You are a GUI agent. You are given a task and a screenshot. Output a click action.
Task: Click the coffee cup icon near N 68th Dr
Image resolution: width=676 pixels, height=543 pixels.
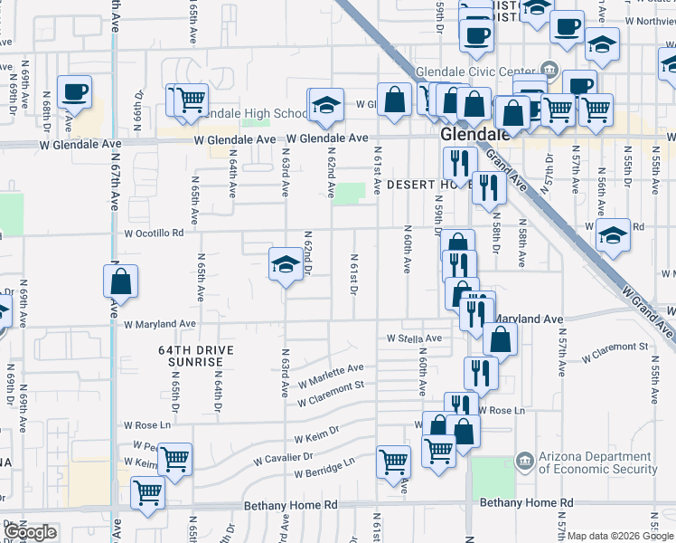click(74, 92)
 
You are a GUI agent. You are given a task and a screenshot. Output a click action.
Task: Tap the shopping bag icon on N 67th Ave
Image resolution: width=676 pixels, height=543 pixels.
click(120, 283)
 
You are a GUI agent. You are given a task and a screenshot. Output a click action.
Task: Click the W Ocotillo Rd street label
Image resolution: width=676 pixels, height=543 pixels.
click(152, 233)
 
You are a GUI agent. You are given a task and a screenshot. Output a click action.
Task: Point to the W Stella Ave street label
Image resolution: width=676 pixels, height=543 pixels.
click(413, 338)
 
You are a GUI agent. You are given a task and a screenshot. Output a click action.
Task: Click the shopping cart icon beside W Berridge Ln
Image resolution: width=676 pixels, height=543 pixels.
click(393, 462)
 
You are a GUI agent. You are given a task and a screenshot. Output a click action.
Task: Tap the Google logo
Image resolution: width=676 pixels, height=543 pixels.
click(30, 532)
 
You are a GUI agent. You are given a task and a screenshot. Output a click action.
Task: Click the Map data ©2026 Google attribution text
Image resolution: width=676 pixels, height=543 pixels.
click(620, 536)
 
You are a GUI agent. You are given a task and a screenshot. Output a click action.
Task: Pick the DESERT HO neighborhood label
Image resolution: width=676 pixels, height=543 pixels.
click(418, 185)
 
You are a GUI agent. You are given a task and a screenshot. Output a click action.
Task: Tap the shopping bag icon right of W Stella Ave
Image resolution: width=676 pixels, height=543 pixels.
click(499, 340)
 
